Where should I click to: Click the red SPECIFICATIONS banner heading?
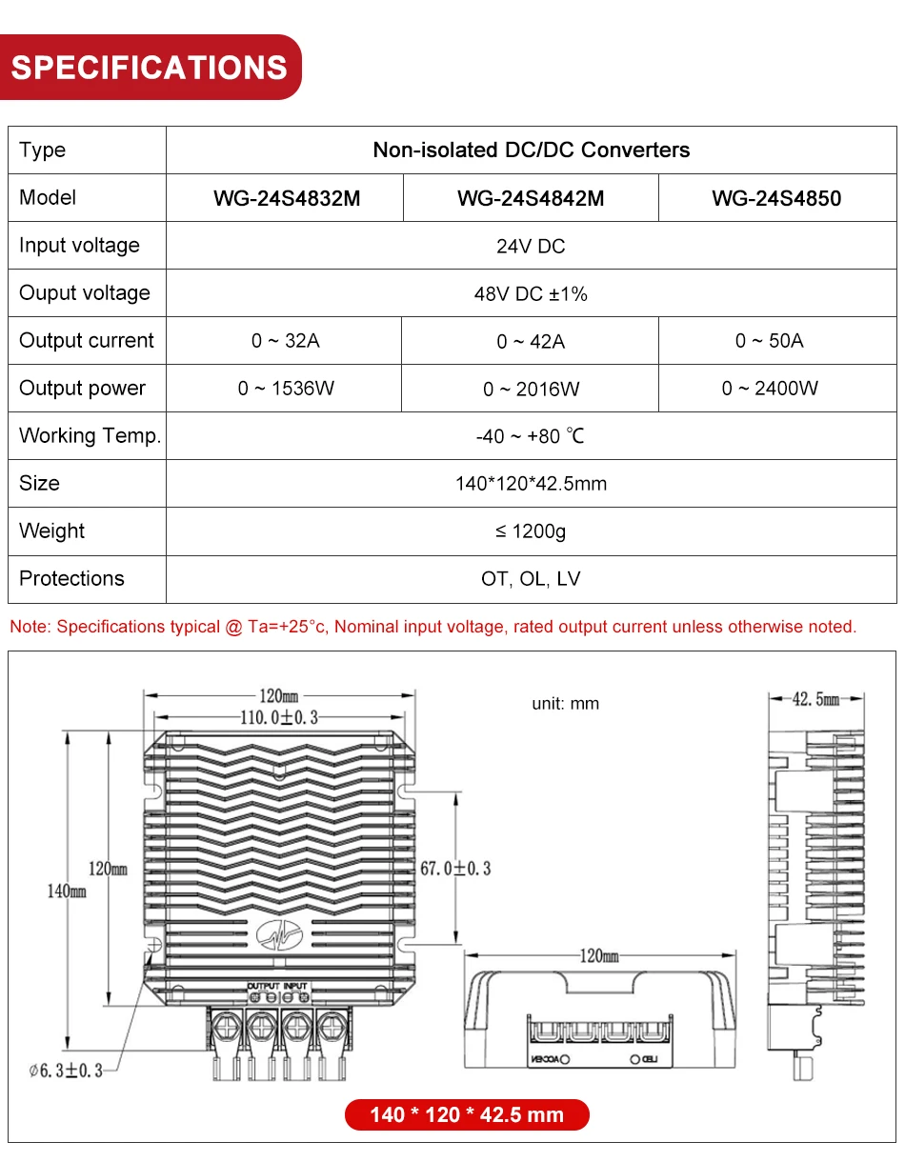click(150, 68)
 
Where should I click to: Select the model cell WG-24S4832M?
click(287, 198)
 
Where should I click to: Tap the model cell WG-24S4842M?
click(531, 198)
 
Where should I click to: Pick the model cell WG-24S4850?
click(776, 198)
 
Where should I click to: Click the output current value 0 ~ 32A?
click(286, 341)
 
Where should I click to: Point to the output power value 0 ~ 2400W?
click(770, 389)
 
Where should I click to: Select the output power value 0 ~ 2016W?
click(531, 389)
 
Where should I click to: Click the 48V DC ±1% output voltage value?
click(531, 293)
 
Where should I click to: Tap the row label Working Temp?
click(90, 436)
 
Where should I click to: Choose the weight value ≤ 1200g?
click(531, 531)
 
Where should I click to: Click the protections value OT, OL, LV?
click(531, 579)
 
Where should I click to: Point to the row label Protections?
click(71, 579)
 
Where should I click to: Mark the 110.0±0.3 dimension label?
click(278, 717)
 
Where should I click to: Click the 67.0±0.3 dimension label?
click(455, 869)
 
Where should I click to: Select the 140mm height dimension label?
click(67, 891)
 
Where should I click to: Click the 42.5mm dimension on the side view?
click(815, 699)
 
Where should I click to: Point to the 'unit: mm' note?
click(565, 704)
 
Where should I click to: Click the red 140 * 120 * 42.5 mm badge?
click(467, 1114)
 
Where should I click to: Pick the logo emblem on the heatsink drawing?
click(278, 936)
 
